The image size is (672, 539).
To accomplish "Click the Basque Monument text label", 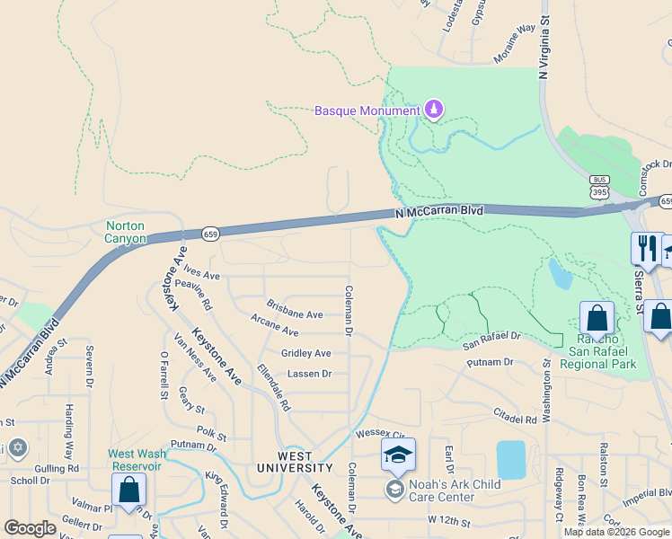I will tap(367, 111).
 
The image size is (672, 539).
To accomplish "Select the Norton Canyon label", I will tap(124, 232).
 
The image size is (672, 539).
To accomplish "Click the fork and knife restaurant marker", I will tap(646, 249).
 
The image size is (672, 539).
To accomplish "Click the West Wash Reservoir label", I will tap(135, 460).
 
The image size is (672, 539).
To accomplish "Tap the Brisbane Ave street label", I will tap(294, 314).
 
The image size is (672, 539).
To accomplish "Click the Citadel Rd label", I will tap(515, 418).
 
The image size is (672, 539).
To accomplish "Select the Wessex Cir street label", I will tap(382, 431).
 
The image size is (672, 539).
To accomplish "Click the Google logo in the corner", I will tap(30, 528).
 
